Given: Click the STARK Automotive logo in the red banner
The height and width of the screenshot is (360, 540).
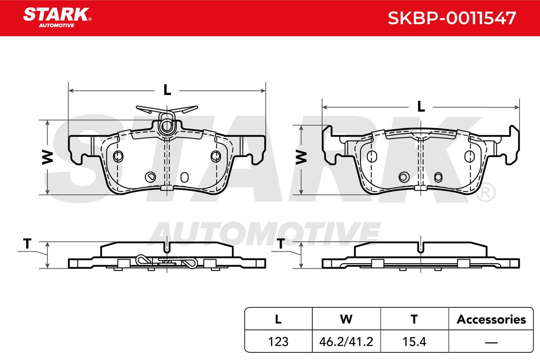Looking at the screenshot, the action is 57,18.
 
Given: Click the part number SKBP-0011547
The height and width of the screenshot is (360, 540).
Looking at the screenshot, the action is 451,18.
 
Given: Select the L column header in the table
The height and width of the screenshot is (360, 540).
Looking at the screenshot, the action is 278,319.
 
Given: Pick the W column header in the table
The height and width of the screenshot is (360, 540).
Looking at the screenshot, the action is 346,319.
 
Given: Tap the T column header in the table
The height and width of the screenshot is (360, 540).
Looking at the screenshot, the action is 414,319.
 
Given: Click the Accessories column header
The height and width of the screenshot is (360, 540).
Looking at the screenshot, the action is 491,319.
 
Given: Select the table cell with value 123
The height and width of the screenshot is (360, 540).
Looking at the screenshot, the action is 278,342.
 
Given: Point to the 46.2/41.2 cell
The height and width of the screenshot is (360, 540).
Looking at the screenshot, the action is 346,342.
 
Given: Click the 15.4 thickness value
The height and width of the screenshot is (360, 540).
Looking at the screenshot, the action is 414,342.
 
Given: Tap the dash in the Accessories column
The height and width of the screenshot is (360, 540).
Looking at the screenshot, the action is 491,342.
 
